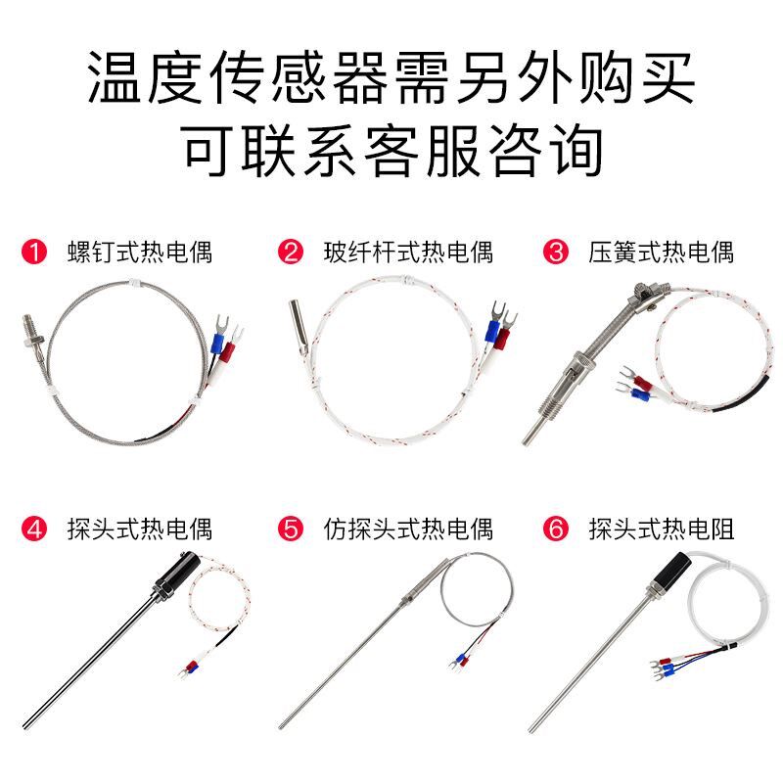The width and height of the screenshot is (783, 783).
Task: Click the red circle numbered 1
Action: click(34, 253)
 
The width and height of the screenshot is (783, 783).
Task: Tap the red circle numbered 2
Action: click(291, 253)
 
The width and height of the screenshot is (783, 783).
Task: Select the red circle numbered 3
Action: click(556, 253)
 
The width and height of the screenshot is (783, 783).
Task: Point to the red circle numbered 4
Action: click(34, 530)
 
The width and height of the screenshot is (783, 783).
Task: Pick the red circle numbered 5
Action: click(291, 530)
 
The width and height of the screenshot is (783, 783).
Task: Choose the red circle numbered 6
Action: click(556, 530)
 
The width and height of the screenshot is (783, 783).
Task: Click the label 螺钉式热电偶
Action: click(139, 253)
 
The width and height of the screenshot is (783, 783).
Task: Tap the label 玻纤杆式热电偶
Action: click(408, 253)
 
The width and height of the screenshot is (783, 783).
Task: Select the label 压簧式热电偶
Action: click(662, 253)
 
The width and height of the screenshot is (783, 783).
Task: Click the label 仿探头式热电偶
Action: click(408, 530)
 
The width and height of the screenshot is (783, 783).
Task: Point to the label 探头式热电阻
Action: click(662, 530)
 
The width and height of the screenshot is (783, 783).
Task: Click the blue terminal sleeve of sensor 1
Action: click(217, 345)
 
